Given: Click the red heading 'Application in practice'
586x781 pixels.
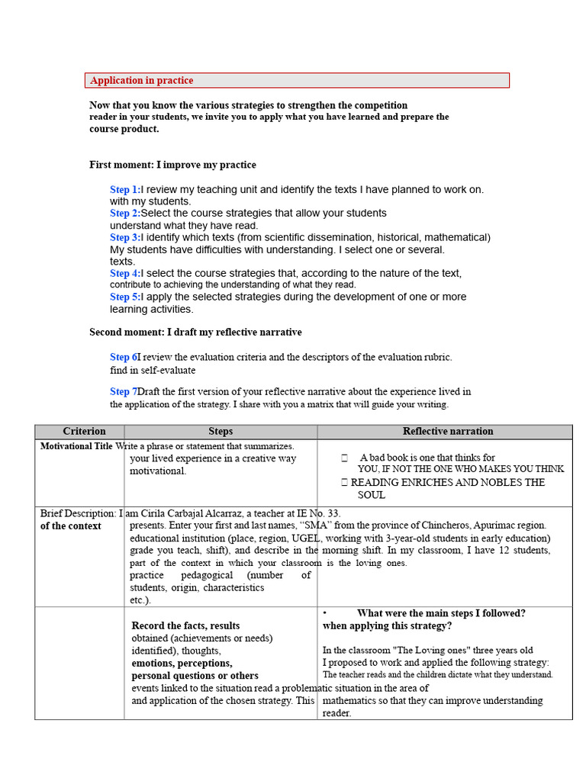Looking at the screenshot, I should coord(142,81).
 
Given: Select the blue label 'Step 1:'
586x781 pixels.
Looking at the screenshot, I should coord(125,189).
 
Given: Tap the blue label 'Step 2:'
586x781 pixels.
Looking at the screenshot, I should coord(125,214).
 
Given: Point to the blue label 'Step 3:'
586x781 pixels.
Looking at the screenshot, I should coord(125,237).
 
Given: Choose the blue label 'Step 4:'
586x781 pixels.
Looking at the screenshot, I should coord(125,273).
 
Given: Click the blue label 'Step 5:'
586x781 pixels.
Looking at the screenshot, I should coord(125,297).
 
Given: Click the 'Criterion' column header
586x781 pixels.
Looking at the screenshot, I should coord(84,432).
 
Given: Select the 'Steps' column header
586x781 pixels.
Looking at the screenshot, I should coord(221,432).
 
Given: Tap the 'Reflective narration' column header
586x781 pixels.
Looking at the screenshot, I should coord(448,432).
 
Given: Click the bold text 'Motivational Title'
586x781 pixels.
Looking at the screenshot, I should coord(76,446).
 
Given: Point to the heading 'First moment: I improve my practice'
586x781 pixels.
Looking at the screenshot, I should coord(172,165).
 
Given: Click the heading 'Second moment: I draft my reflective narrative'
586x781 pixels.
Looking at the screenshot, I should coord(195,333).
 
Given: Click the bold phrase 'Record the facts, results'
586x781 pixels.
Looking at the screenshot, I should coord(185,625).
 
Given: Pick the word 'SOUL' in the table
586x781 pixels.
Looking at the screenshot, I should coord(372,495).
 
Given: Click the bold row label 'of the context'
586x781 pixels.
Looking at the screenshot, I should coord(71,526).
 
